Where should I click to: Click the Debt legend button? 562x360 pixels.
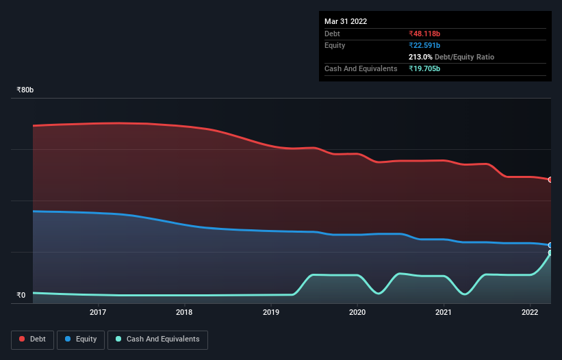click(x=34, y=339)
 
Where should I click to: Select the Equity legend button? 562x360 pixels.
click(x=81, y=339)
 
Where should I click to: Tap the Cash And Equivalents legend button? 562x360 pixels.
click(x=157, y=339)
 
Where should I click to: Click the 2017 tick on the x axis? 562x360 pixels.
click(x=98, y=313)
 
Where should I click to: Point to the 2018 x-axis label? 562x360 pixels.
click(x=184, y=313)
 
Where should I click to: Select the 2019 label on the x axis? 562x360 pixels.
click(x=271, y=313)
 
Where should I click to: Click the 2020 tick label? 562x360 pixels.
click(x=357, y=313)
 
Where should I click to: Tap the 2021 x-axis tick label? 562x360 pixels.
click(x=444, y=313)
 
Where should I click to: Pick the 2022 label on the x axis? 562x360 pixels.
click(x=530, y=313)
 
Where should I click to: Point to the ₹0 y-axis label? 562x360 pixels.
click(x=21, y=296)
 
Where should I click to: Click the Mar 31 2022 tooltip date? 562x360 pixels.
click(x=346, y=21)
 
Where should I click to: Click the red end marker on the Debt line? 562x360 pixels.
click(x=550, y=179)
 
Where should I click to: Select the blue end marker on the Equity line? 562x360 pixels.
click(x=550, y=245)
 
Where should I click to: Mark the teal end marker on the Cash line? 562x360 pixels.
click(x=550, y=253)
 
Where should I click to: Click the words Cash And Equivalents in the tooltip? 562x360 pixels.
click(x=361, y=68)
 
